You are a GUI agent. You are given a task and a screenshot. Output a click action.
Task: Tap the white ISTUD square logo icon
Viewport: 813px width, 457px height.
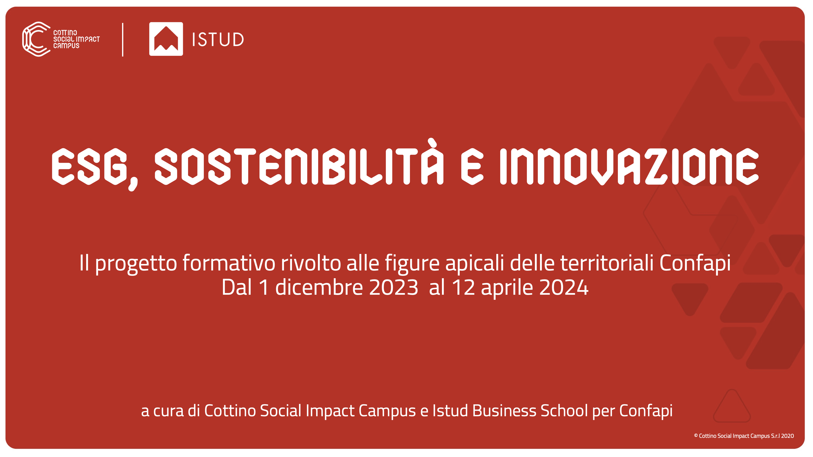(166, 39)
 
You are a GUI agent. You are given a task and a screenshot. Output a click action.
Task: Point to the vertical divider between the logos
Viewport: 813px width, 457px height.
(123, 40)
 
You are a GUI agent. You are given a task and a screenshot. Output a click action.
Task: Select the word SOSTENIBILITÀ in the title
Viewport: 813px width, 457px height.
(299, 162)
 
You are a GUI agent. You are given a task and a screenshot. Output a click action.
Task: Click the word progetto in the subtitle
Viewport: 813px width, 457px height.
(136, 264)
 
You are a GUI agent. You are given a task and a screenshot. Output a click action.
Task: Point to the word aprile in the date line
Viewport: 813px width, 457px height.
(507, 288)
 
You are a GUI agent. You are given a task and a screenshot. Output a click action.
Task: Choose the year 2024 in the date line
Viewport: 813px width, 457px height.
(564, 287)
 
